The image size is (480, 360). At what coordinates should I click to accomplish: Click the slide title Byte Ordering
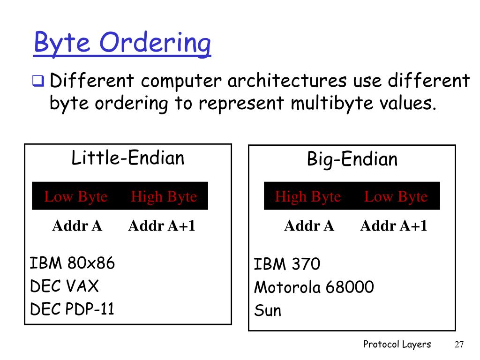[122, 43]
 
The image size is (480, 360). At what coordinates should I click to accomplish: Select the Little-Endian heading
[127, 158]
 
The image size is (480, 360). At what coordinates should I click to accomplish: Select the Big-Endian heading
[352, 159]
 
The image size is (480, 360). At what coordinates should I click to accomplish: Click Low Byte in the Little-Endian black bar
[75, 196]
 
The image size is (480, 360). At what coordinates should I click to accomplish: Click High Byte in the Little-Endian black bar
[164, 196]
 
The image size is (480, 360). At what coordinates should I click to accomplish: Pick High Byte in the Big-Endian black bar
[307, 196]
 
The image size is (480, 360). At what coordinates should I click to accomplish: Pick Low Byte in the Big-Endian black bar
[396, 196]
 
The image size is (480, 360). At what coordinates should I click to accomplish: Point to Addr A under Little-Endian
[77, 226]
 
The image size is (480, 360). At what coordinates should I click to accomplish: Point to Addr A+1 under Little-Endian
[162, 226]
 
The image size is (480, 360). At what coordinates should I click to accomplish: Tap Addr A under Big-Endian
[309, 226]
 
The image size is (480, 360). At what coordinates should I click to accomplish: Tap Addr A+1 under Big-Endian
[394, 226]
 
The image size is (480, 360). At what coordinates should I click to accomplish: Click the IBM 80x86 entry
[72, 263]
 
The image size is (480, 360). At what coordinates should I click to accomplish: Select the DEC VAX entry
[64, 285]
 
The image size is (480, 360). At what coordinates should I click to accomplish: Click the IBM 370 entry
[287, 264]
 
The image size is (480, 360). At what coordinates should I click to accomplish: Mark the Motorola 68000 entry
[314, 287]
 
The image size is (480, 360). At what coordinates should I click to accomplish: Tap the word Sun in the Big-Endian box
[267, 310]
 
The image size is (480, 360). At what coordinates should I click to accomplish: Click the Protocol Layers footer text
[397, 344]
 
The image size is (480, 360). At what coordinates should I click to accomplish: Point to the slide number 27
[459, 345]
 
